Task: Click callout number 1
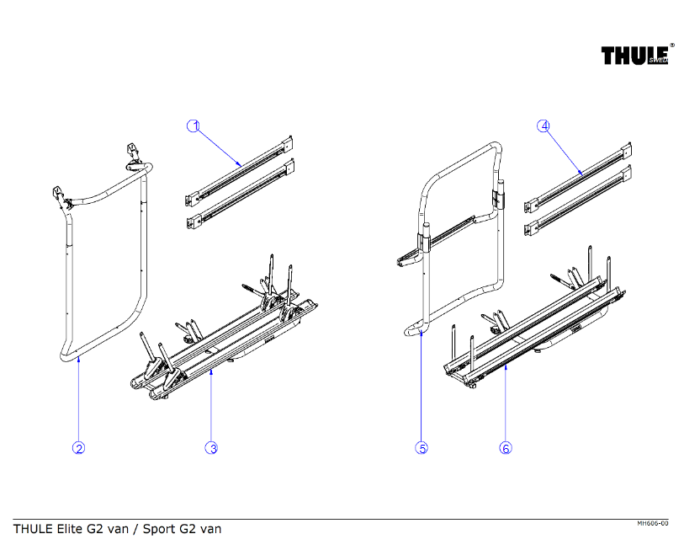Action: tap(194, 126)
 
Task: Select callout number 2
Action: tap(78, 448)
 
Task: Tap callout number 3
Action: tap(212, 448)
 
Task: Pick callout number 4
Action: tap(544, 126)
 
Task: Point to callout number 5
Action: tap(422, 448)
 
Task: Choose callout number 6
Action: tap(506, 448)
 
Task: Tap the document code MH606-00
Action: tap(653, 524)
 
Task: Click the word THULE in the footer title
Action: tap(32, 530)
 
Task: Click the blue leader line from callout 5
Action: tap(422, 387)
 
